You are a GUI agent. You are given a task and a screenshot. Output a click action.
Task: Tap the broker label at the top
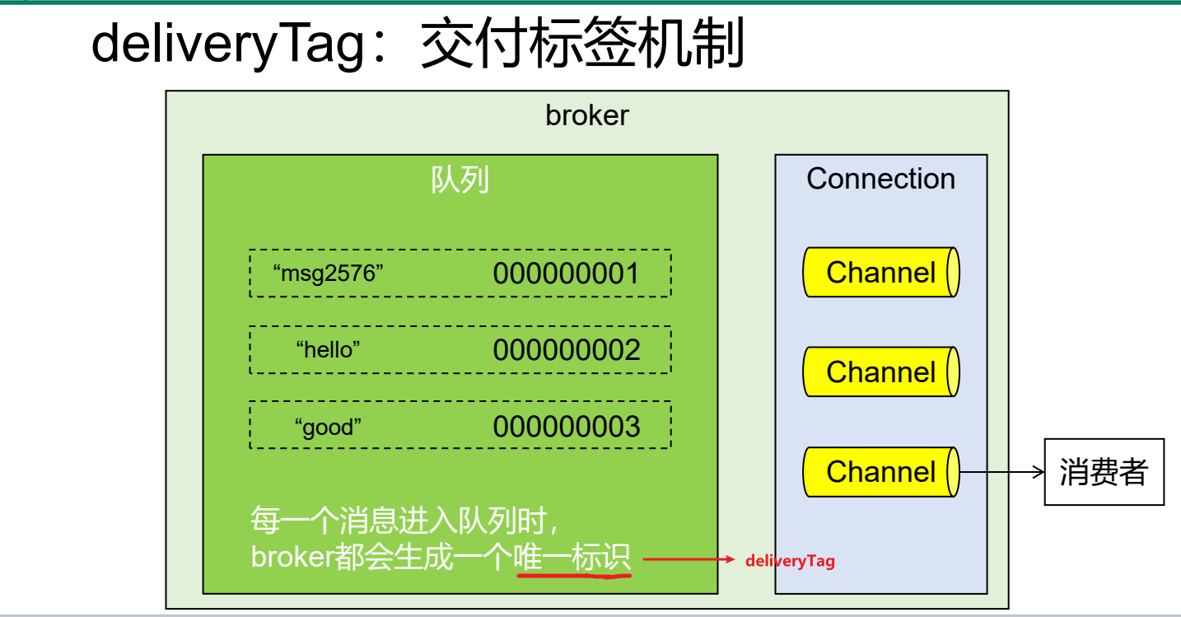tap(586, 115)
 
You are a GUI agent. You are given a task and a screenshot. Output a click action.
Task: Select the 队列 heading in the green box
tap(460, 180)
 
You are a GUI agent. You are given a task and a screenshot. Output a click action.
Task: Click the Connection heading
tap(880, 179)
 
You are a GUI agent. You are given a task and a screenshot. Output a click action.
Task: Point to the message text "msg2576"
tap(329, 273)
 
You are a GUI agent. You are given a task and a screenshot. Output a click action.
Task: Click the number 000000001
tap(566, 273)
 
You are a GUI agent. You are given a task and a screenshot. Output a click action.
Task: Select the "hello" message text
tap(328, 350)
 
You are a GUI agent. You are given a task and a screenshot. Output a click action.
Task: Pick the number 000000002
tap(566, 350)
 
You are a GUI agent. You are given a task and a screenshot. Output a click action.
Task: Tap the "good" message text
tap(328, 427)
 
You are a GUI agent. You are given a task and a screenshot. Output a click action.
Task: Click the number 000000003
tap(566, 427)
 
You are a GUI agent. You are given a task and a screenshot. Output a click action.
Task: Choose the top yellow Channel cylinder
tap(880, 273)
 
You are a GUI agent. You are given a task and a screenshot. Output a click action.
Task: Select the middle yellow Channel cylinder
tap(880, 372)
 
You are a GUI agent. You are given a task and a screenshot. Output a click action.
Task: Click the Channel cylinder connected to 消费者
tap(880, 472)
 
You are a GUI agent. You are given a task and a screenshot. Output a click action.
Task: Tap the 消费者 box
tap(1104, 472)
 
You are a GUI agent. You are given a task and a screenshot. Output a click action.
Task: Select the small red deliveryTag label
tap(790, 561)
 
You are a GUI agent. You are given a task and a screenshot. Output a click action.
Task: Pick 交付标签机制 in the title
tap(582, 44)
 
